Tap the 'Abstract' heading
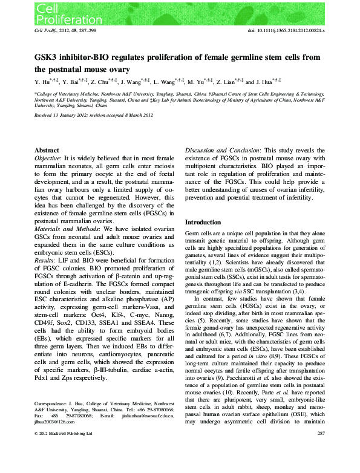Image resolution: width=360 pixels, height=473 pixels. pos(47,149)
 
